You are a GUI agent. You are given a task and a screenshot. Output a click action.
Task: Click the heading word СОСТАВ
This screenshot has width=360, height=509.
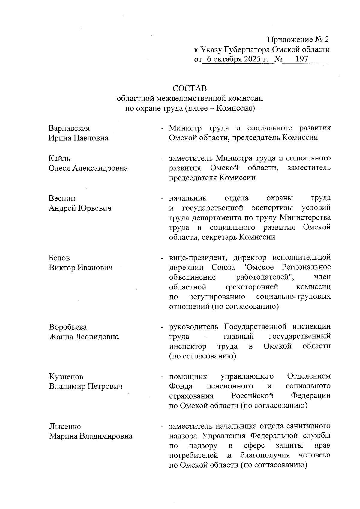tap(190, 89)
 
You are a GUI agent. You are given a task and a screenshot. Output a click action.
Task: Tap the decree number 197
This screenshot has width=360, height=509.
tap(302, 59)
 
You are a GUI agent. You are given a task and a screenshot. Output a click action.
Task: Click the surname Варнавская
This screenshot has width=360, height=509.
tap(69, 128)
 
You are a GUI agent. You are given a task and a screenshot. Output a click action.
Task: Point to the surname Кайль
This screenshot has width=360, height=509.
tap(60, 158)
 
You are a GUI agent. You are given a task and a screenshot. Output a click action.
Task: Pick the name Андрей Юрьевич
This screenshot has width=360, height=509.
tap(80, 208)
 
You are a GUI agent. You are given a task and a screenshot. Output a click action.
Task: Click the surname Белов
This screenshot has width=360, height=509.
tap(59, 258)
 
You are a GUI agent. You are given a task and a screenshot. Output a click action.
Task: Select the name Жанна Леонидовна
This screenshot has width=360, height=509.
tap(84, 337)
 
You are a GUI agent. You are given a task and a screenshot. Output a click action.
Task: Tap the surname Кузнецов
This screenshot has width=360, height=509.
tap(66, 376)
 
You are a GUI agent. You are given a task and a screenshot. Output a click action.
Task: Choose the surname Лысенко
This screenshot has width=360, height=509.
tap(65, 426)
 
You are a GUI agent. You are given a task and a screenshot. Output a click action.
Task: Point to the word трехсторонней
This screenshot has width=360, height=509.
tap(251, 287)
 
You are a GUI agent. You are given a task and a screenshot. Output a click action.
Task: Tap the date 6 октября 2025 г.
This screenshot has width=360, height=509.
tap(237, 59)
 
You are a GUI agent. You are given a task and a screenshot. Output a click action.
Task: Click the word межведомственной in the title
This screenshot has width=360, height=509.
tap(190, 98)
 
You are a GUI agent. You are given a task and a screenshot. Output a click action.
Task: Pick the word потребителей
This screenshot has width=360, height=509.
tap(193, 455)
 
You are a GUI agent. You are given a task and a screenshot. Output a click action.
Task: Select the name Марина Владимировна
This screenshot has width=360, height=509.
tap(91, 436)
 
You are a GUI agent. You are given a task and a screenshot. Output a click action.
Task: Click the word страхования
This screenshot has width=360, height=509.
tap(191, 396)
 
